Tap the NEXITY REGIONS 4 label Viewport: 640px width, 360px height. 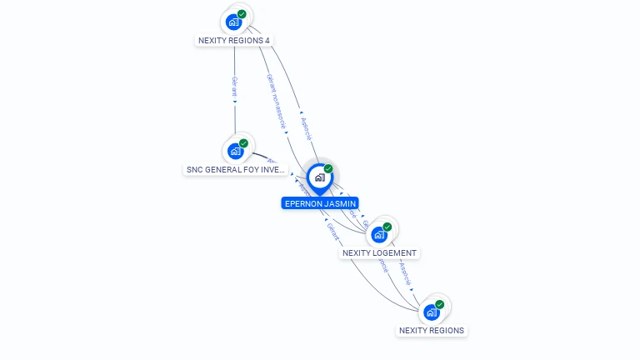234,40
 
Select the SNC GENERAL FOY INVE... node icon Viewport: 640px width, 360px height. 235,152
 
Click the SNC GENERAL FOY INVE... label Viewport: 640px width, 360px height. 236,169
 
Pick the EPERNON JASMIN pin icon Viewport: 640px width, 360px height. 319,177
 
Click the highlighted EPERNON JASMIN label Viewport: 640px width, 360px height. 321,203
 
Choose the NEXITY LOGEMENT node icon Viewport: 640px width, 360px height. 379,235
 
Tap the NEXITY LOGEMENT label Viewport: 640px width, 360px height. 380,252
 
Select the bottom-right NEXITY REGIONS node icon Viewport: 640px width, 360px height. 431,312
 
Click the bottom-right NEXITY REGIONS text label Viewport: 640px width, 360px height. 432,330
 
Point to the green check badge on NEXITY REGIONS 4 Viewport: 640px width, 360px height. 242,14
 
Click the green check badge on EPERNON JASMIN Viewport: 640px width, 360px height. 328,169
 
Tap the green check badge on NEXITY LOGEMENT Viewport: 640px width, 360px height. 387,227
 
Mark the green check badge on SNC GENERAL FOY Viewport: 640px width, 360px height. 243,143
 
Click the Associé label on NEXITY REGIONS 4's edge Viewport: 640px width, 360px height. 306,126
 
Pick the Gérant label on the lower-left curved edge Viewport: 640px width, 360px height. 333,231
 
